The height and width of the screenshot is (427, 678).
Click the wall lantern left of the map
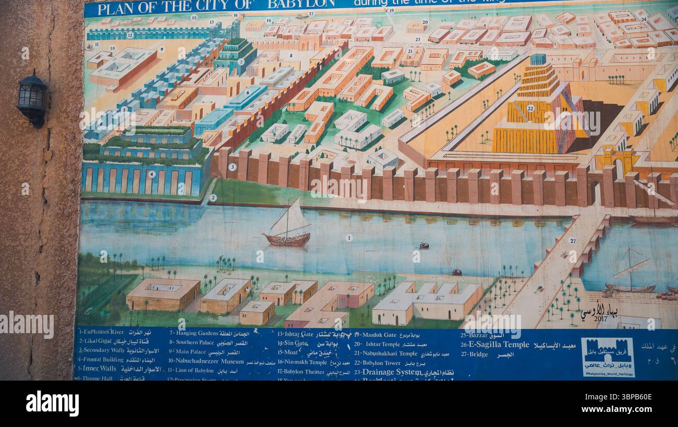32,99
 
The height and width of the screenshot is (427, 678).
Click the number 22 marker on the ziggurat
530,108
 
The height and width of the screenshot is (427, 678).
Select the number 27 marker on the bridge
573,241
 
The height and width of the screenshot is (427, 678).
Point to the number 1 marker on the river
349,238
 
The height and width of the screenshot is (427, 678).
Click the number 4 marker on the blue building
151,174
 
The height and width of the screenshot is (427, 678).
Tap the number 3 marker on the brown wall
233,167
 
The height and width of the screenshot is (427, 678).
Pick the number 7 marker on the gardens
241,62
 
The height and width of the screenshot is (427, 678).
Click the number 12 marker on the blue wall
130,35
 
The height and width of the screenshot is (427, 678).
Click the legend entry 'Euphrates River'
101,332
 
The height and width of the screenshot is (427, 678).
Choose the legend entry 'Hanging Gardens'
197,334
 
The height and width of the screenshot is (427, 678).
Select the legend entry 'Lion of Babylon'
191,371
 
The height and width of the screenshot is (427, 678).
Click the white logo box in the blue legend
608,357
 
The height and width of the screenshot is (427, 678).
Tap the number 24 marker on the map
644,19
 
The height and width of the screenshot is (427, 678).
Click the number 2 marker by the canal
213,198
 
